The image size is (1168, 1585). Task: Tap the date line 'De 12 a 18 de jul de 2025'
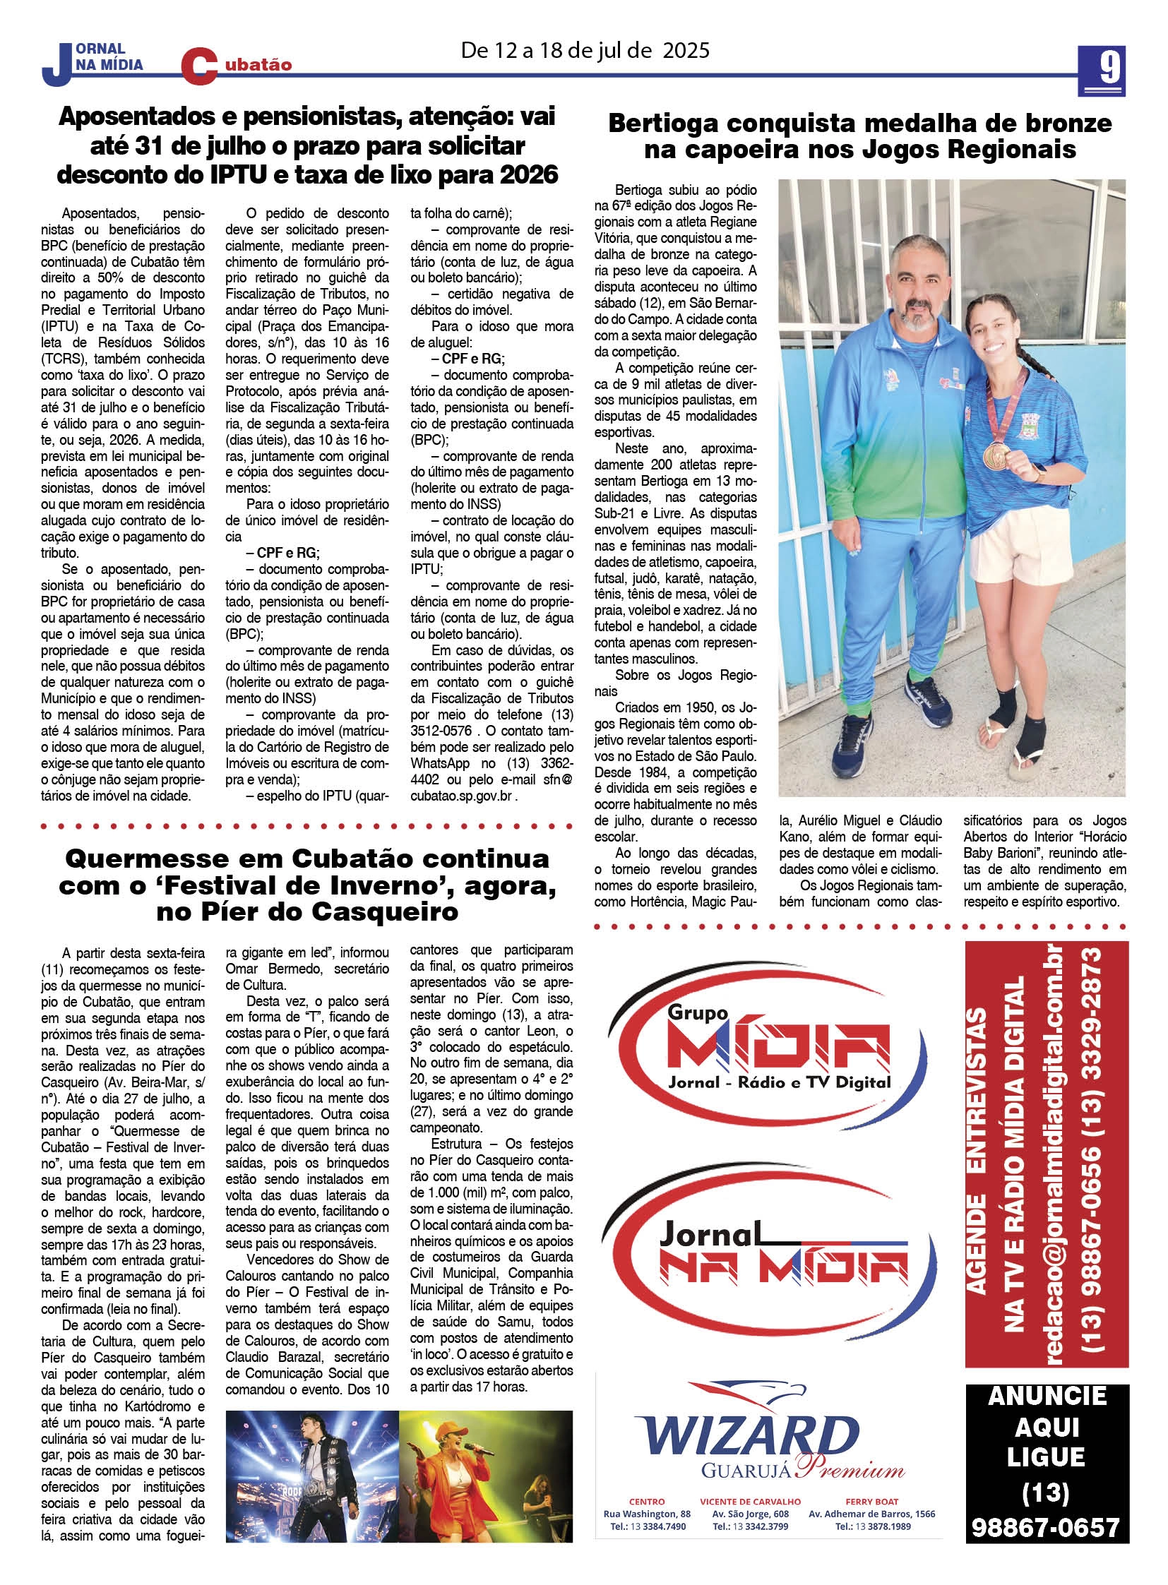click(x=585, y=51)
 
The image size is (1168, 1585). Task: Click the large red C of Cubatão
click(x=198, y=67)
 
